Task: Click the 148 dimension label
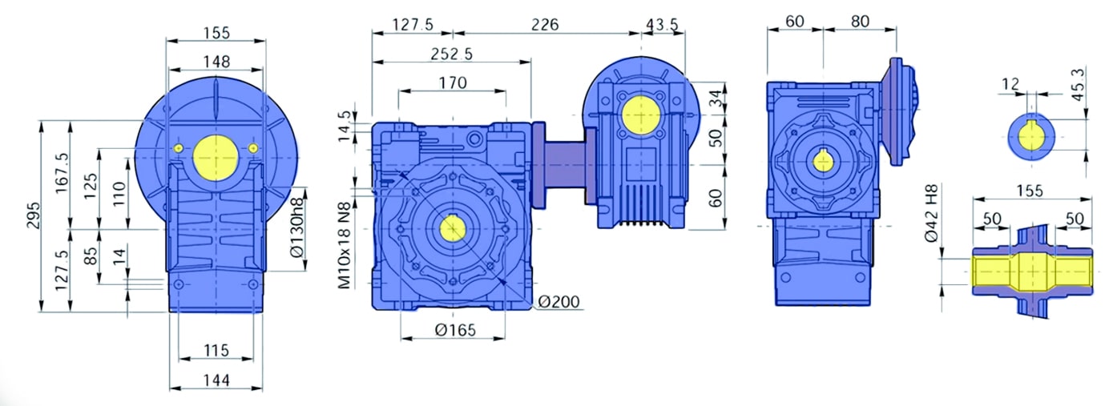tap(216, 62)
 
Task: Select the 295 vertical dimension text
tap(34, 215)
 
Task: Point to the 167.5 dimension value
tap(62, 173)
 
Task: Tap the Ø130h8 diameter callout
tap(296, 227)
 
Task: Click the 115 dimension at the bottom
tap(216, 350)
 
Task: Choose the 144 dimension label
tap(216, 380)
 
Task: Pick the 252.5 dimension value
tap(451, 54)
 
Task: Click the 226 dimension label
tap(545, 24)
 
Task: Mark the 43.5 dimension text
tap(662, 24)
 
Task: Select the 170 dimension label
tap(453, 82)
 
